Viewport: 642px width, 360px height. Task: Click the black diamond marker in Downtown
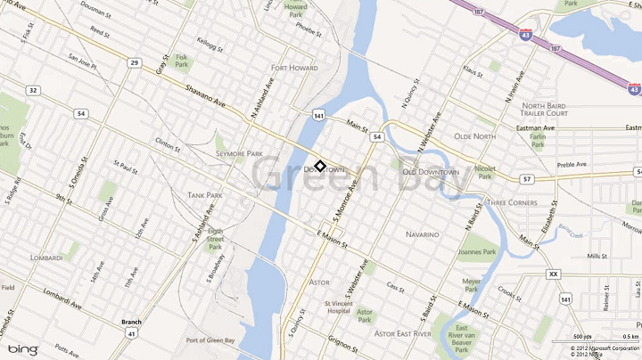(319, 167)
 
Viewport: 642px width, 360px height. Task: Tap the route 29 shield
(133, 62)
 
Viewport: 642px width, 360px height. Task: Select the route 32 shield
(33, 90)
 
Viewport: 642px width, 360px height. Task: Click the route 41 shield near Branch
(131, 332)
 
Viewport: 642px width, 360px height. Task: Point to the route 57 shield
(528, 179)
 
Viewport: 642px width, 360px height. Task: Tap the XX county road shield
(554, 274)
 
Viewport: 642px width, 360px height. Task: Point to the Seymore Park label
(239, 153)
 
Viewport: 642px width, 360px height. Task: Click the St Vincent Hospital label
(339, 307)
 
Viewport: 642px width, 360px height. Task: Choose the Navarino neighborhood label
(423, 234)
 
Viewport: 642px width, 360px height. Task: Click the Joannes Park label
(477, 252)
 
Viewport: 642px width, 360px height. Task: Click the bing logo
(24, 348)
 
